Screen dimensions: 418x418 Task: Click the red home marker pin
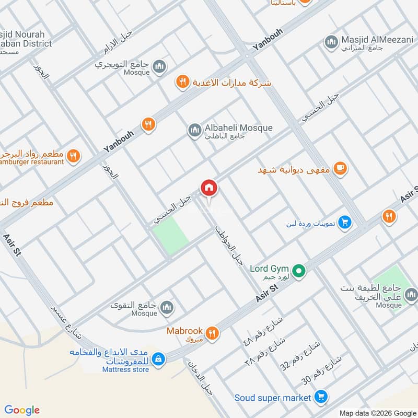208,187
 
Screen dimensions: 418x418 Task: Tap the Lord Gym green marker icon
298,270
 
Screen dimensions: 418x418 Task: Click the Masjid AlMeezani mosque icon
330,41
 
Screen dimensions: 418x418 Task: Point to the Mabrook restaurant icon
212,333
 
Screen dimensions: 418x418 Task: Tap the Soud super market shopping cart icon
321,398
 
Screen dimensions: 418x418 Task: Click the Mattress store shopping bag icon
159,359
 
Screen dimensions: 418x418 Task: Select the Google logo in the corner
22,410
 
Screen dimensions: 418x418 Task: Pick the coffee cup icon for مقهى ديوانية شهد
341,168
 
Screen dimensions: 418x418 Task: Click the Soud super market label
273,398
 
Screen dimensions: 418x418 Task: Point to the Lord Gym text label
270,269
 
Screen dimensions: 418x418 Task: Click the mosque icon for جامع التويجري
159,66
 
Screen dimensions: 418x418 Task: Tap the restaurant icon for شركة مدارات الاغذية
182,82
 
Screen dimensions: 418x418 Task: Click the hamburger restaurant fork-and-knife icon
74,155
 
